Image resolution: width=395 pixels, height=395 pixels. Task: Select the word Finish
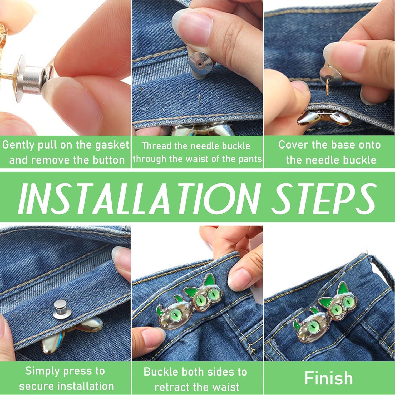tap(329, 378)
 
